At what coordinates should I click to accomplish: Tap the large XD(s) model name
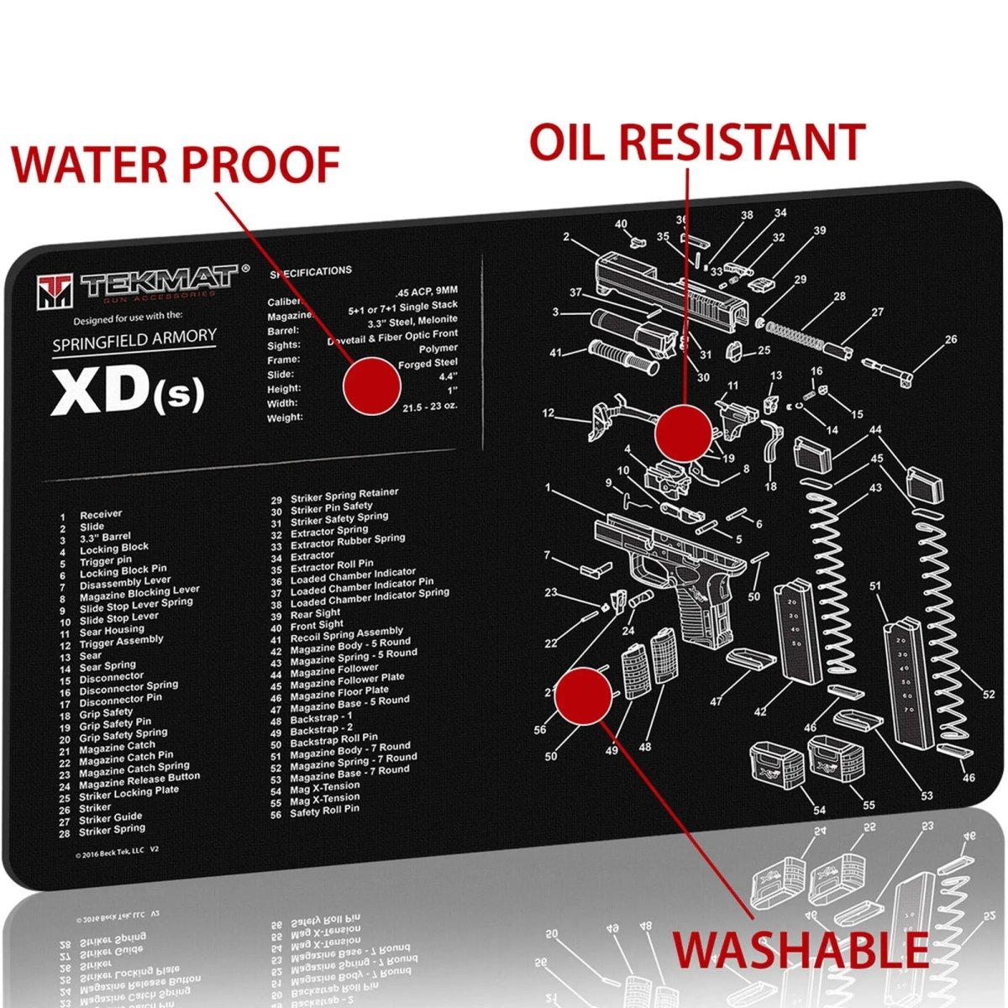tap(127, 391)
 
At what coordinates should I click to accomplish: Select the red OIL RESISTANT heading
tap(696, 140)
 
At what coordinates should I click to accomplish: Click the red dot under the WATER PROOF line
tap(371, 386)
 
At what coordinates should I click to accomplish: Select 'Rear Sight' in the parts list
tap(315, 614)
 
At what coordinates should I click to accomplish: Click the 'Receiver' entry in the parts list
tap(101, 514)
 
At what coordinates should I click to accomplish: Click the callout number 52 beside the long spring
tap(989, 695)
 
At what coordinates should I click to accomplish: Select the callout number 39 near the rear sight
tap(819, 230)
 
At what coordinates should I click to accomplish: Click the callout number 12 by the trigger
tap(548, 413)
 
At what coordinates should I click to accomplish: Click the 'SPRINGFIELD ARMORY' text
tap(134, 340)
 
